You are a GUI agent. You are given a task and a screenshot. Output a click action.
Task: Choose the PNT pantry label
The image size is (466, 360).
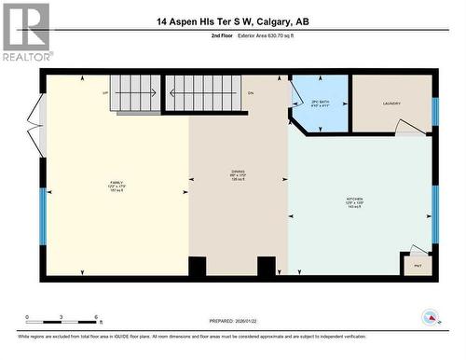coord(417,266)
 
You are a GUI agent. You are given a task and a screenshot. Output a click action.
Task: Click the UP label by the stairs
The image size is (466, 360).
coord(105,92)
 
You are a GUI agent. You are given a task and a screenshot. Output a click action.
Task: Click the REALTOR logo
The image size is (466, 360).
coord(25,32)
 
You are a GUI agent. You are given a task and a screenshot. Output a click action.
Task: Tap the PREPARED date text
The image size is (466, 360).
coord(232,321)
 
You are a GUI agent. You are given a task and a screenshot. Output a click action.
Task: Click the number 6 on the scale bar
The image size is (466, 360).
coord(98,318)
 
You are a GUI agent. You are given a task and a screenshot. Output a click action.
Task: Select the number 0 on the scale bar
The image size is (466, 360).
coord(28,318)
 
